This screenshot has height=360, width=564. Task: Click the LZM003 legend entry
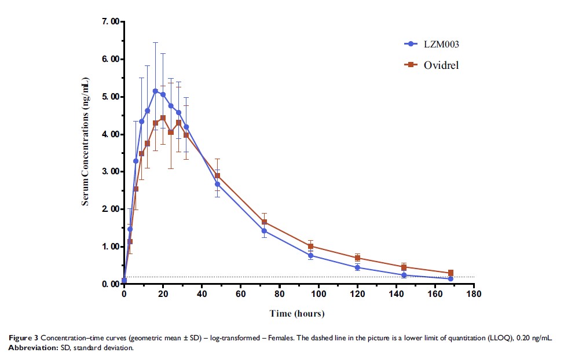(x=431, y=43)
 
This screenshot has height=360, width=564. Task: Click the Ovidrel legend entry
(x=431, y=65)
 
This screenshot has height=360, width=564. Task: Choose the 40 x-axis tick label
(x=201, y=295)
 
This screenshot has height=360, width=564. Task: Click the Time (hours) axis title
(x=297, y=314)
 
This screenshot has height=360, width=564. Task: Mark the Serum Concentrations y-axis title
(x=85, y=153)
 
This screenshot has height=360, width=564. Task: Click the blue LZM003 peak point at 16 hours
(x=155, y=91)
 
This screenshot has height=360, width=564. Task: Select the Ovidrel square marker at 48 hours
(x=217, y=176)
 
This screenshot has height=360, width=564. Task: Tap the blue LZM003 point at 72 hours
(x=264, y=231)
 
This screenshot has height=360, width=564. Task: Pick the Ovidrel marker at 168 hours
(x=451, y=273)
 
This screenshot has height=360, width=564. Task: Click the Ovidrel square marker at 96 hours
(x=310, y=247)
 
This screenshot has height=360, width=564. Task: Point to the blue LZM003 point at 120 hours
(x=357, y=267)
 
